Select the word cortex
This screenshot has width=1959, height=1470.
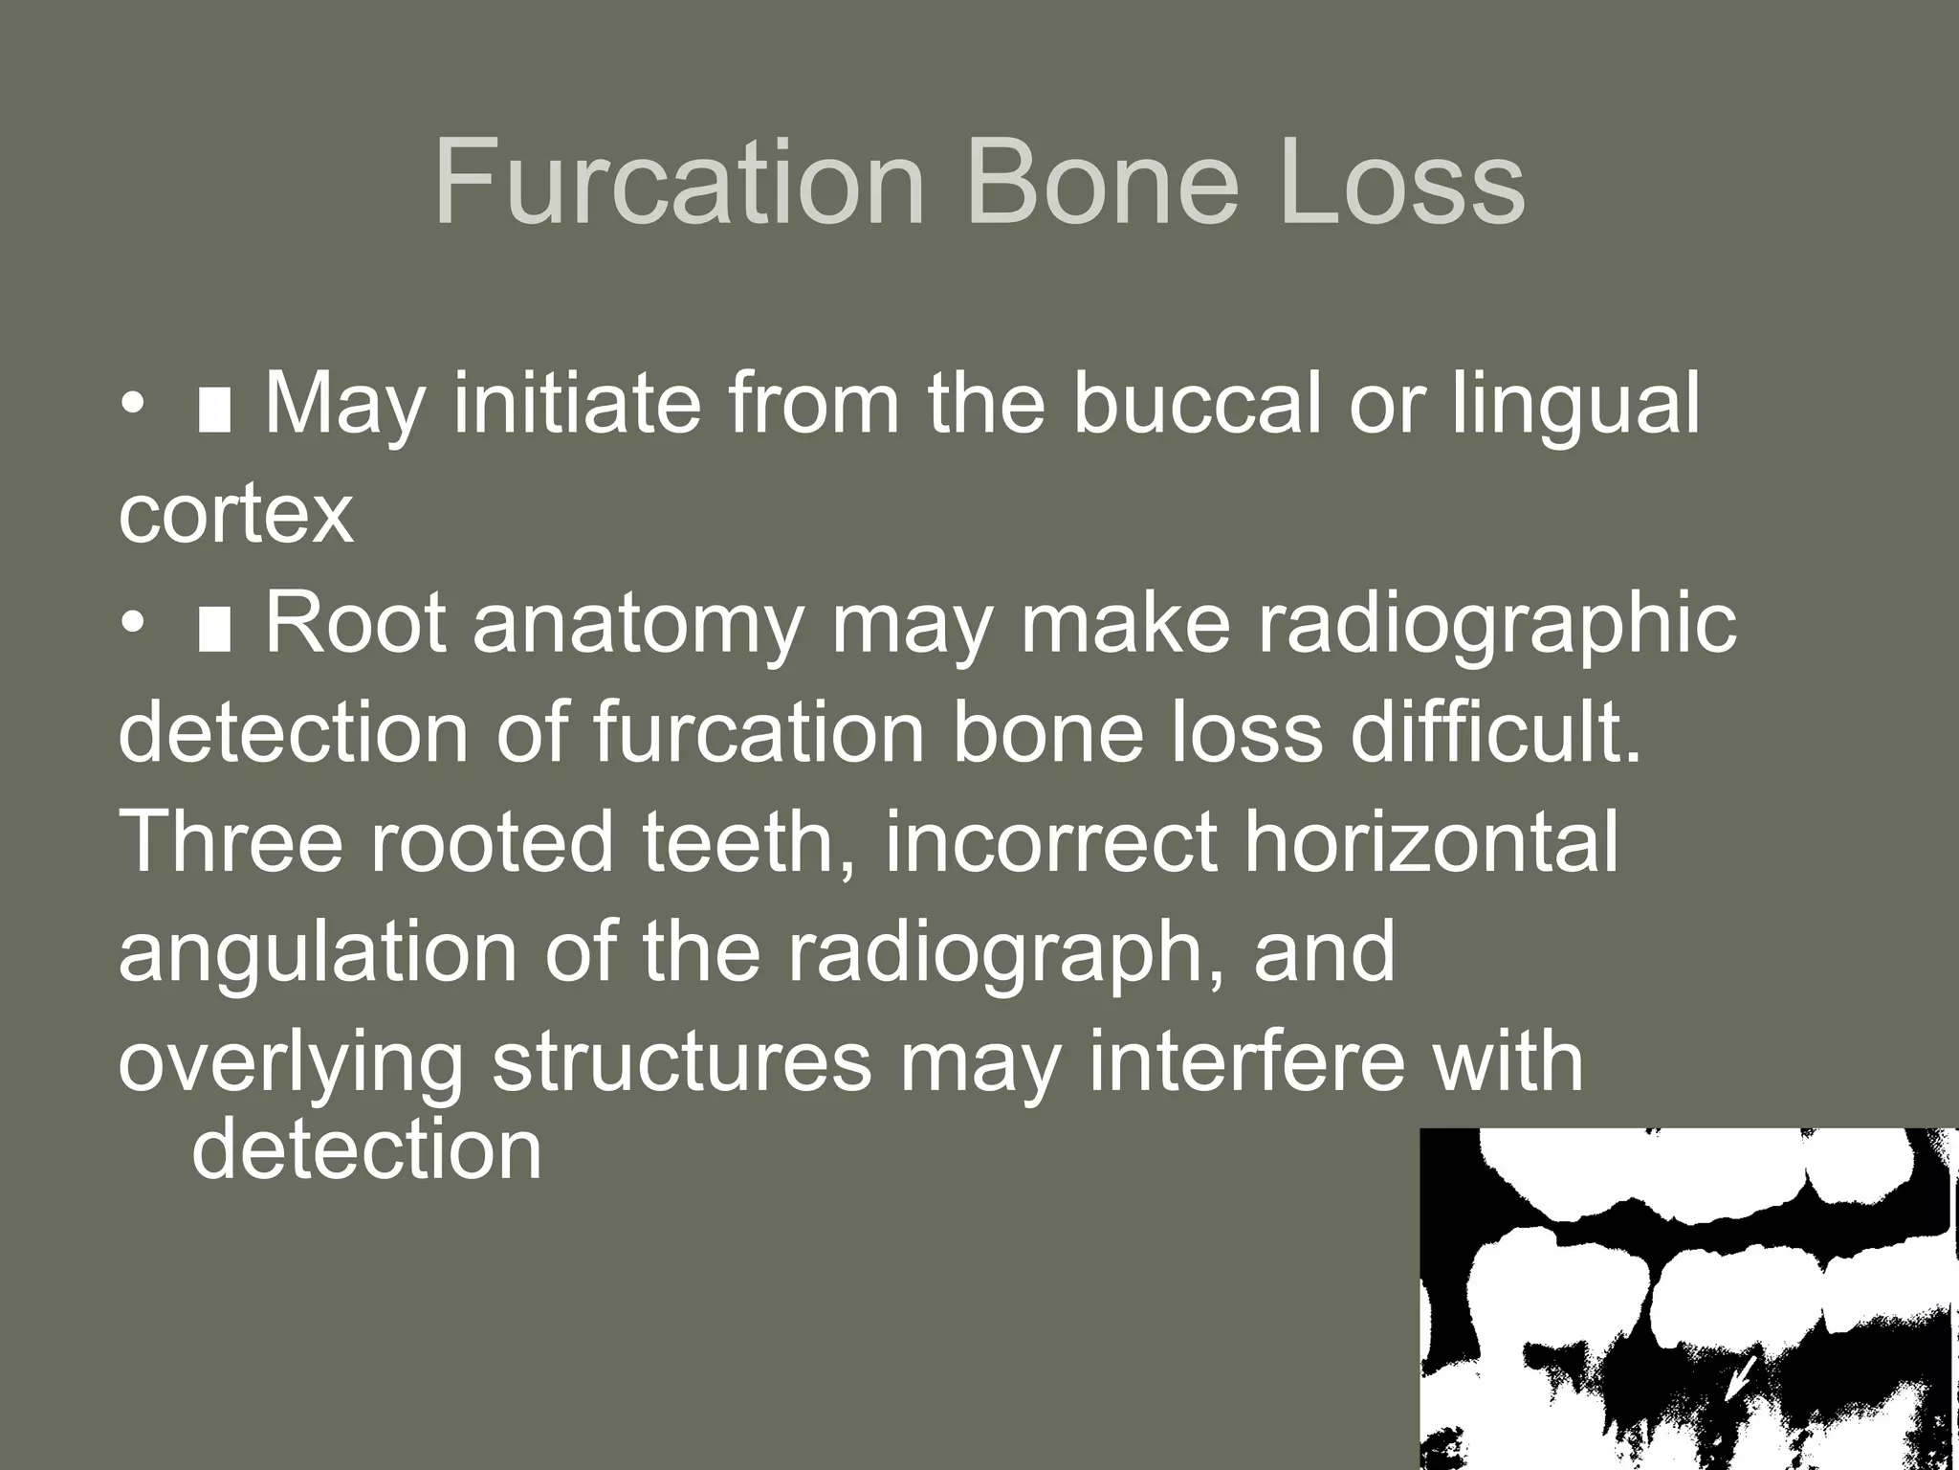(x=235, y=515)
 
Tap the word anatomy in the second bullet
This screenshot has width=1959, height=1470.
(x=637, y=625)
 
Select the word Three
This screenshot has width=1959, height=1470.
(x=231, y=842)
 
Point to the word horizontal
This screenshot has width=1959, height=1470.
(x=1430, y=842)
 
